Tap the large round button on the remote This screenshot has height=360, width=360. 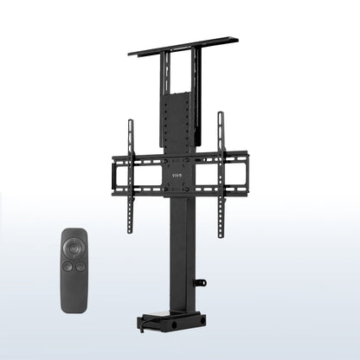tap(74, 248)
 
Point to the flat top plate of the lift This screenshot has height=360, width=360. tap(183, 46)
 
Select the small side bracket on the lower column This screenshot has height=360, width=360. tap(201, 282)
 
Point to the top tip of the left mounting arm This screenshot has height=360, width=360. tap(131, 123)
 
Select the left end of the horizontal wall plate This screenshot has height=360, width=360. tap(115, 174)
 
